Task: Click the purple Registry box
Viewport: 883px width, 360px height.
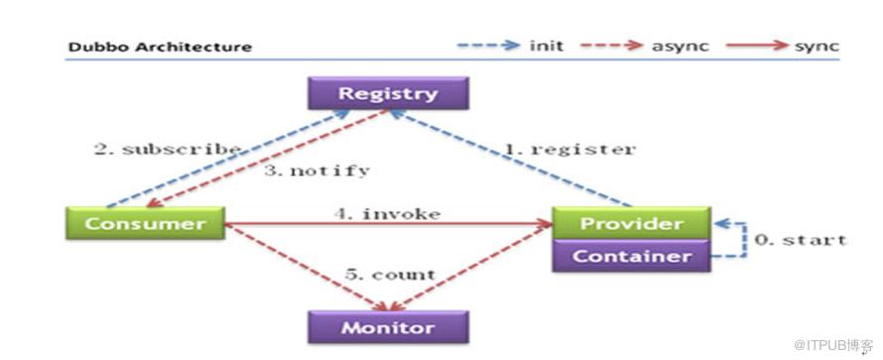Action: tap(388, 93)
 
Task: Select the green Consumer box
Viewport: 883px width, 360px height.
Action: tap(145, 223)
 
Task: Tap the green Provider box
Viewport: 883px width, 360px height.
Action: tap(631, 223)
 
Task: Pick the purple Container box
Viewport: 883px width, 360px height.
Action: tap(631, 256)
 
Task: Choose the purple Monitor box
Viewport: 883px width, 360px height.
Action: tap(388, 327)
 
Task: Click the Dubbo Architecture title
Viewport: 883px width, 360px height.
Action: tap(160, 47)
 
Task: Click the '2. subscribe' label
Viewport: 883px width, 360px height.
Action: tap(168, 150)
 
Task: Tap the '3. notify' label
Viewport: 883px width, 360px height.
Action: tap(317, 171)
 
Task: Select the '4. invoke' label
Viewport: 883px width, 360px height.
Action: tap(387, 214)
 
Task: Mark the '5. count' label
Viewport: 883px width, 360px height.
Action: tap(390, 275)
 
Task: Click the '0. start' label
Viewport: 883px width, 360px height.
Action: tap(801, 240)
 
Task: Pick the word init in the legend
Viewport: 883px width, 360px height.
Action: tap(546, 47)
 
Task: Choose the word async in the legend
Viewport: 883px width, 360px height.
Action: tap(681, 47)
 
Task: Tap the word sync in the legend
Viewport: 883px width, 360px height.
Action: tap(817, 47)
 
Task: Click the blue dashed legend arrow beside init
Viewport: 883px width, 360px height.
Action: tap(488, 46)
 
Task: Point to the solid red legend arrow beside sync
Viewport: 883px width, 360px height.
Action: tap(757, 46)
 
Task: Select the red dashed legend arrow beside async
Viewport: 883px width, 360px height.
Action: tap(611, 46)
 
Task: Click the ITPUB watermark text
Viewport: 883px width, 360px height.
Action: tap(833, 345)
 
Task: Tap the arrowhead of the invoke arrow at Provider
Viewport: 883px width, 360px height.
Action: tap(545, 224)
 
